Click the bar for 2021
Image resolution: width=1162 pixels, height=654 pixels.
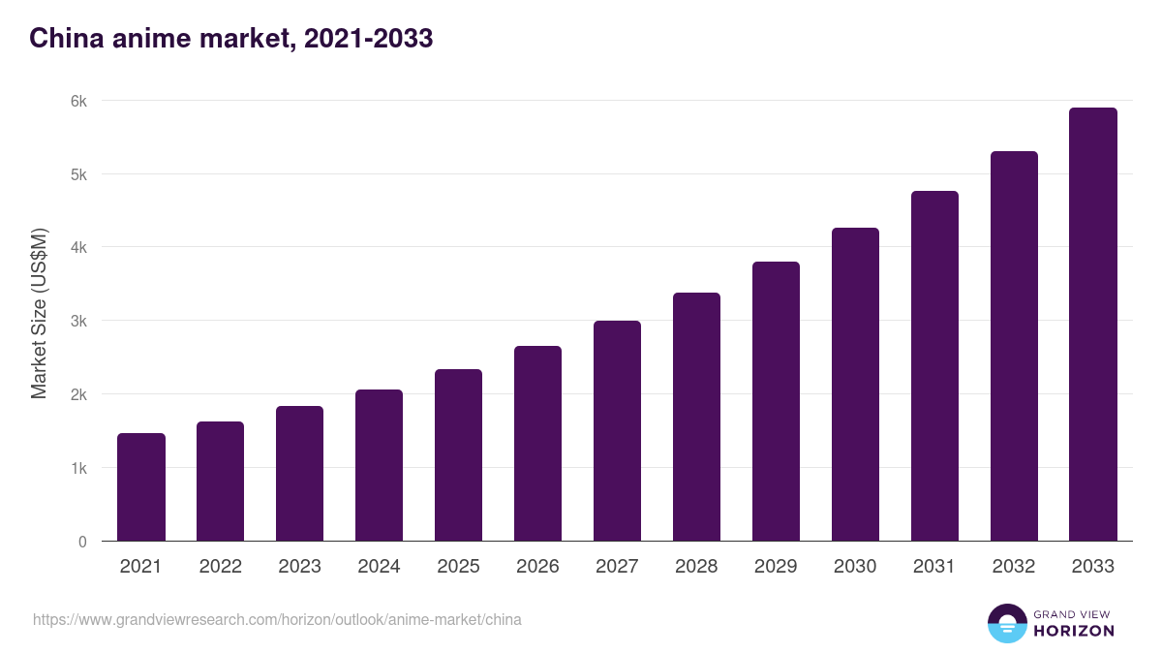tap(141, 487)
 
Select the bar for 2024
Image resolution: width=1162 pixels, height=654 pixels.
tap(379, 465)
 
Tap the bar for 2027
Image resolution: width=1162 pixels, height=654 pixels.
tap(617, 431)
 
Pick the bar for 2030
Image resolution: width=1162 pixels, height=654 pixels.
tap(855, 385)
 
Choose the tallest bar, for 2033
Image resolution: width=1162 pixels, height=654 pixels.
tap(1093, 325)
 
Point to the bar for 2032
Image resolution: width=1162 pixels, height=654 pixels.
tap(1014, 346)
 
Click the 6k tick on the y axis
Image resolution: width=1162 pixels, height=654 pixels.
tap(77, 101)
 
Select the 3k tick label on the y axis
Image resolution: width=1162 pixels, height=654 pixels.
tap(77, 321)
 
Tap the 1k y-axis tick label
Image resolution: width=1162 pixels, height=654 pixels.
tap(77, 468)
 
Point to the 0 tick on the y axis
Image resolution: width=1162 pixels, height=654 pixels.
tap(82, 542)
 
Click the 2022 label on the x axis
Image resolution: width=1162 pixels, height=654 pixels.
tap(221, 567)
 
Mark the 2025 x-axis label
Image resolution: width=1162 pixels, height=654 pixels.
tap(458, 567)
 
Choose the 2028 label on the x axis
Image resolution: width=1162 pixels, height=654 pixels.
tap(696, 567)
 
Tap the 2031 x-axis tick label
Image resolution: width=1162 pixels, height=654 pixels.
tap(934, 567)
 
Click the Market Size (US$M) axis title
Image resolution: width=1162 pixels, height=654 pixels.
tap(39, 313)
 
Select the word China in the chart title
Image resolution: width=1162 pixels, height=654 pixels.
tap(63, 39)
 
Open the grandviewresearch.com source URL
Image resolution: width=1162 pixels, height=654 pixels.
tap(277, 619)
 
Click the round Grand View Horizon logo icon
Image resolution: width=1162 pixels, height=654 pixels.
tap(1007, 623)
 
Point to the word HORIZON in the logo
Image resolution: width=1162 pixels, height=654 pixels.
tap(1074, 631)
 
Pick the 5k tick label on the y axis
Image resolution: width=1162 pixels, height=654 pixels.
tap(77, 174)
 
